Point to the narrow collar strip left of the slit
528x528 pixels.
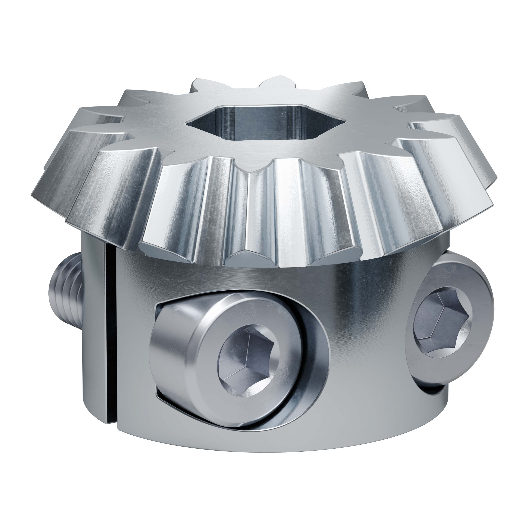[93, 342]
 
